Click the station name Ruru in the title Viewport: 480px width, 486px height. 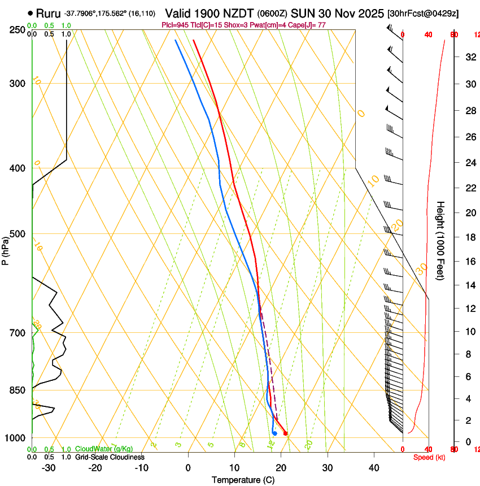pyautogui.click(x=48, y=13)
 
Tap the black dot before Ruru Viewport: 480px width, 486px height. pyautogui.click(x=30, y=13)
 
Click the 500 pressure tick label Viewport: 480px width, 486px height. pyautogui.click(x=18, y=235)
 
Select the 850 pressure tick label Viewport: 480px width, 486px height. pyautogui.click(x=18, y=390)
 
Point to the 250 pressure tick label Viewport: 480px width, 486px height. pyautogui.click(x=18, y=30)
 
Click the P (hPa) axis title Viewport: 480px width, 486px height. pyautogui.click(x=5, y=248)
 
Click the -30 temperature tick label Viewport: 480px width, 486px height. pyautogui.click(x=49, y=468)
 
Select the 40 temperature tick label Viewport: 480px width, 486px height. pyautogui.click(x=373, y=468)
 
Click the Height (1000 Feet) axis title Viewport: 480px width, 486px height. pyautogui.click(x=441, y=240)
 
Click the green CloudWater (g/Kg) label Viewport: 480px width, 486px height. pyautogui.click(x=104, y=449)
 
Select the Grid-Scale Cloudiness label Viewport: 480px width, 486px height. pyautogui.click(x=110, y=457)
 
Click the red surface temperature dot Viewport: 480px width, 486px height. pyautogui.click(x=285, y=433)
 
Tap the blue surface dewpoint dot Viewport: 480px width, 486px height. pyautogui.click(x=274, y=433)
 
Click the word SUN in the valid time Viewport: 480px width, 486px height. pyautogui.click(x=302, y=13)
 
